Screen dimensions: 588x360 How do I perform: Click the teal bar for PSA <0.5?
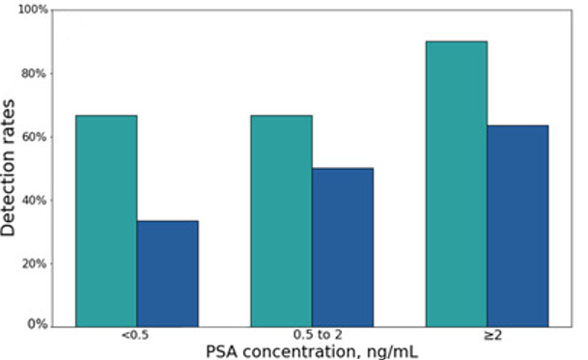[x=106, y=221]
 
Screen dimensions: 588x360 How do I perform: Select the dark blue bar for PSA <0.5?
[x=168, y=274]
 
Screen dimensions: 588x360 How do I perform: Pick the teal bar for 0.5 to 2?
[x=282, y=221]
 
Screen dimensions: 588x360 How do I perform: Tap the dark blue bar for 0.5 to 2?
[x=343, y=247]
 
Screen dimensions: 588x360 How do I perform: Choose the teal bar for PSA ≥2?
[x=457, y=184]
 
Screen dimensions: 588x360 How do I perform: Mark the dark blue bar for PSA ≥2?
[x=518, y=226]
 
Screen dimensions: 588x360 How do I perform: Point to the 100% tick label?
[x=33, y=10]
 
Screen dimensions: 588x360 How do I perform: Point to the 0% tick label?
[x=38, y=324]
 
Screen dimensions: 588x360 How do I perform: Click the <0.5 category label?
[x=135, y=335]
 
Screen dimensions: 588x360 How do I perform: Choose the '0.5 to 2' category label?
[x=318, y=335]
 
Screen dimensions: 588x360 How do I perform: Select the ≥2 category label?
[x=492, y=335]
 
